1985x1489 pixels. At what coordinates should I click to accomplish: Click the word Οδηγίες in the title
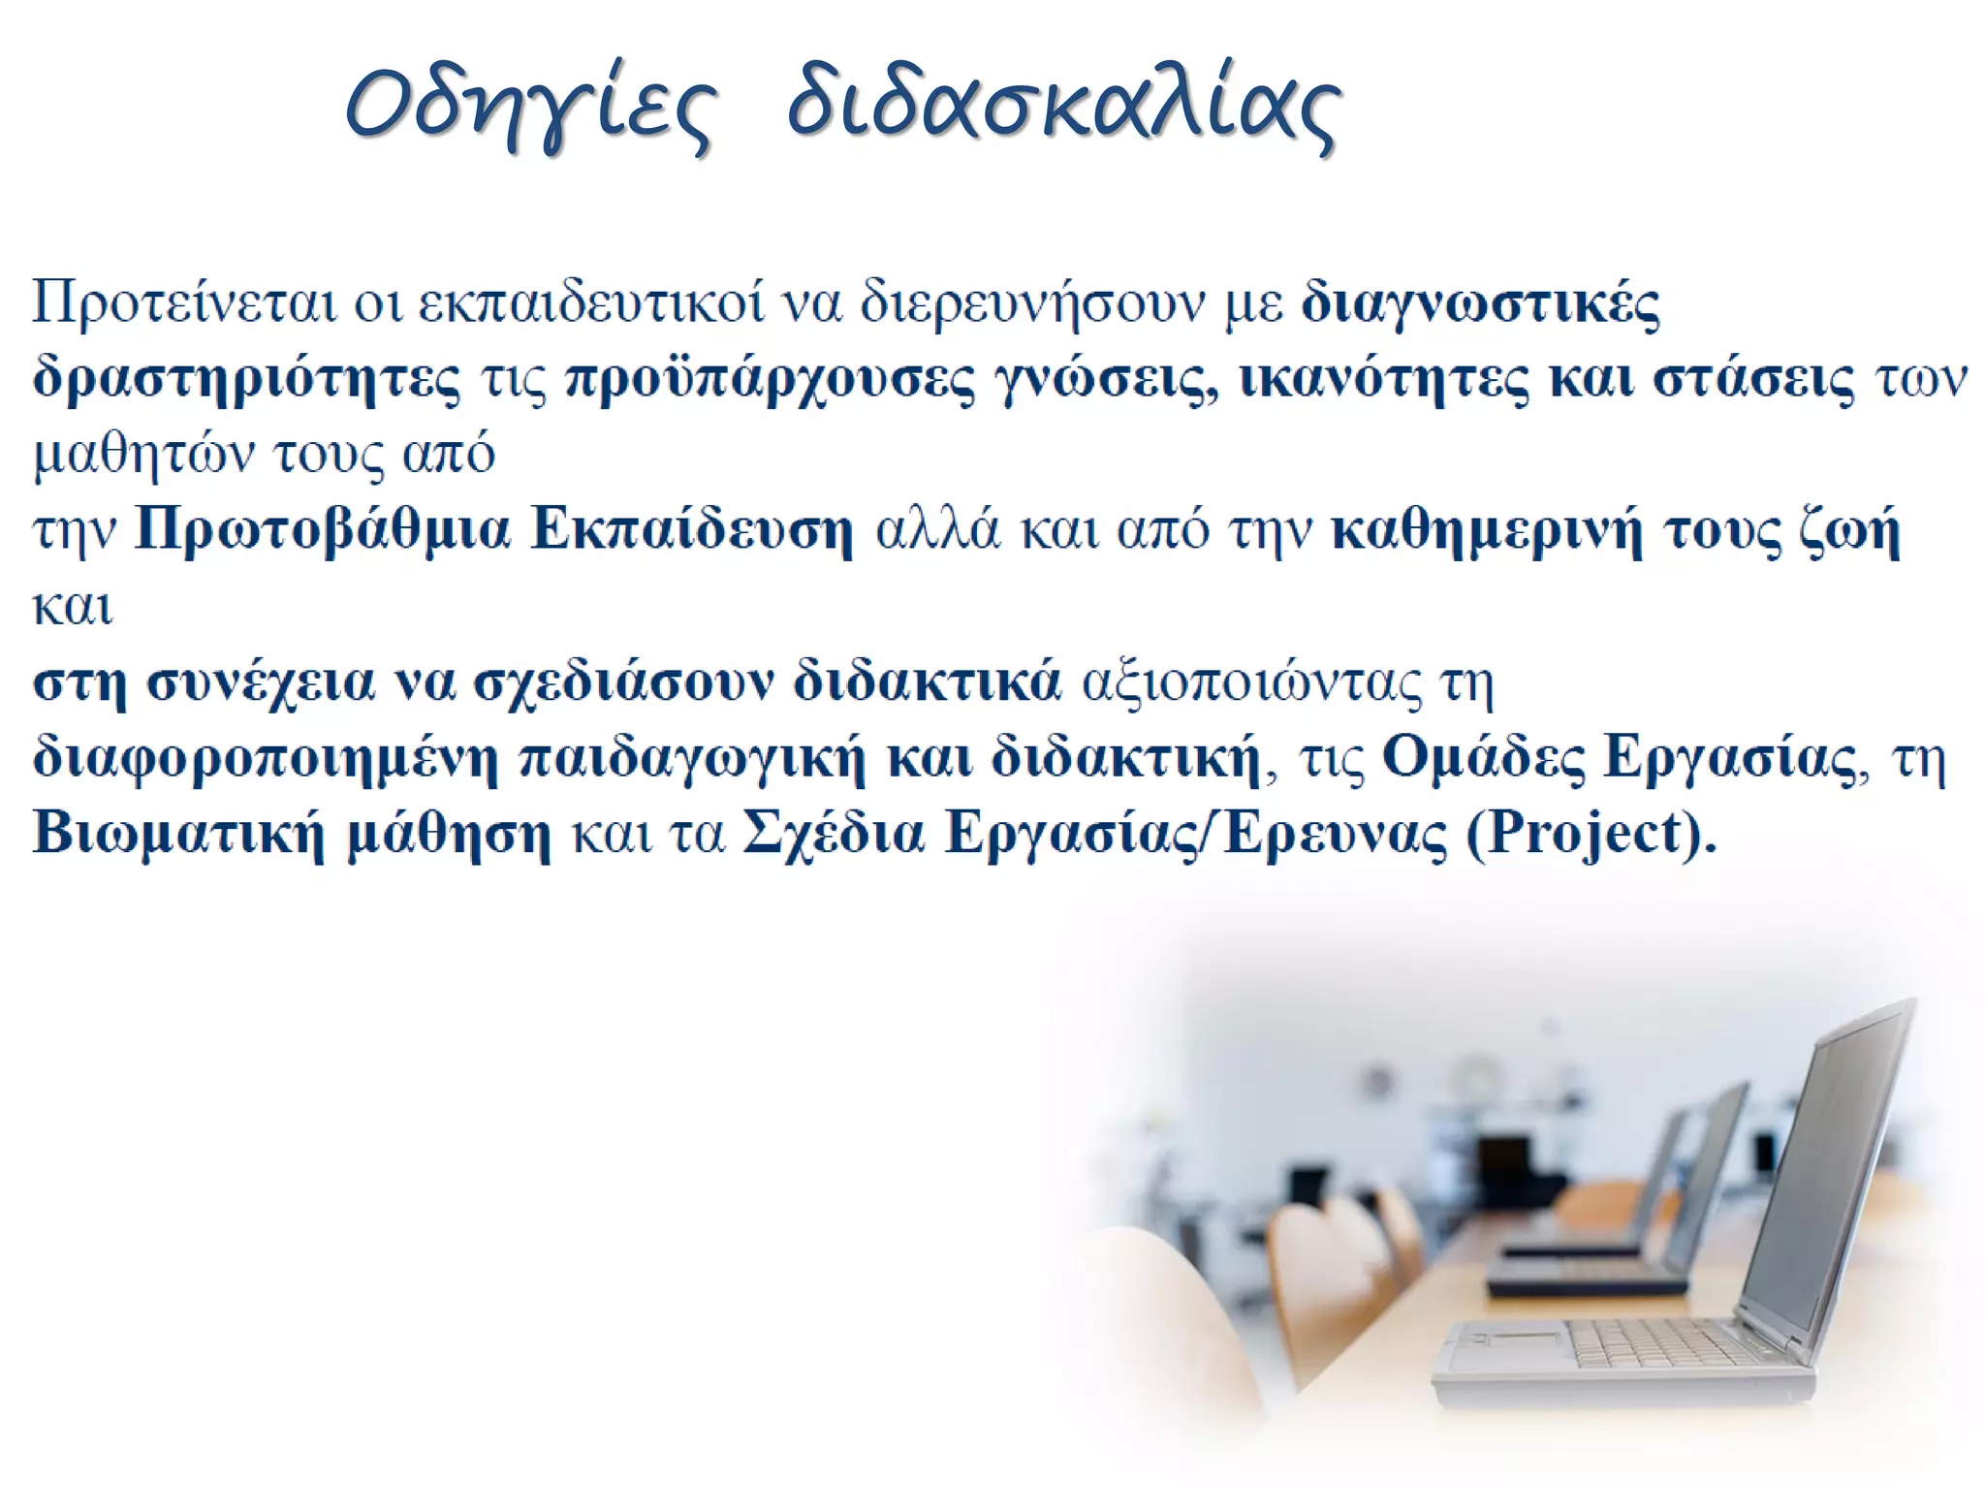pyautogui.click(x=532, y=106)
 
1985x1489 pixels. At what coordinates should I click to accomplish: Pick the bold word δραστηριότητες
pyautogui.click(x=247, y=379)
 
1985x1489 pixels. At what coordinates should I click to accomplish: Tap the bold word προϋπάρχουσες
pyautogui.click(x=770, y=379)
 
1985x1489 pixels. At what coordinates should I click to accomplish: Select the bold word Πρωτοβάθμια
pyautogui.click(x=322, y=530)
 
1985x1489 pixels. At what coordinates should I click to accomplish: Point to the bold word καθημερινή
pyautogui.click(x=1487, y=531)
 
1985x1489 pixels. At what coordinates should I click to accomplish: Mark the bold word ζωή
pyautogui.click(x=1849, y=531)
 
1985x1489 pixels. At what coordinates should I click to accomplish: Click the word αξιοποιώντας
pyautogui.click(x=1250, y=682)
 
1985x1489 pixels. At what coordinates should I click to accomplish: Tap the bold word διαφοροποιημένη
pyautogui.click(x=266, y=758)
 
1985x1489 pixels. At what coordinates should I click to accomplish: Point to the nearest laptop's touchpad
pyautogui.click(x=1513, y=1341)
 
